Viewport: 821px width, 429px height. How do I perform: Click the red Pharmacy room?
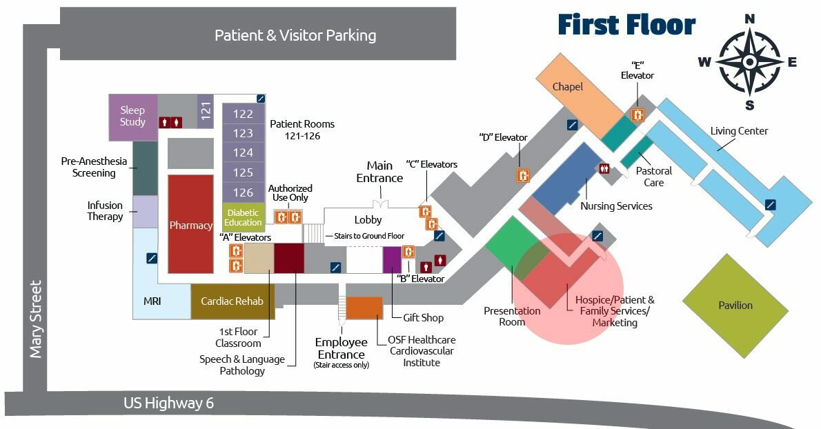click(x=190, y=224)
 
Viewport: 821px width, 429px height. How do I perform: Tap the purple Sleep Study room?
click(x=133, y=116)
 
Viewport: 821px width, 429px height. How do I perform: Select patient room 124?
click(x=243, y=152)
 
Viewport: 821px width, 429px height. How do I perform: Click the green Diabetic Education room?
click(x=243, y=217)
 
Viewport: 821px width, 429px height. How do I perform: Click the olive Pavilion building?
click(x=735, y=305)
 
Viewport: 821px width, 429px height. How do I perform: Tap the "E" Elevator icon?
click(x=638, y=115)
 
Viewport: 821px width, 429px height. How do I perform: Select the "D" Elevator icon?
click(x=524, y=175)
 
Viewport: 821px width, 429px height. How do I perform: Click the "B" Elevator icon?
click(x=408, y=252)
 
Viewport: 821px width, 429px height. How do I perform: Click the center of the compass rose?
click(x=749, y=61)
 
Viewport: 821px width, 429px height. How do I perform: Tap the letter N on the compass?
click(x=750, y=19)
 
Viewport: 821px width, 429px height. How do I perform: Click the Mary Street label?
click(x=36, y=319)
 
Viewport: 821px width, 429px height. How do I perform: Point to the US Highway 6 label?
click(x=168, y=403)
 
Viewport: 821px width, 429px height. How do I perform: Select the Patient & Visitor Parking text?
click(x=295, y=35)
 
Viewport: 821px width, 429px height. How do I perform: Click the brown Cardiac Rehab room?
click(x=232, y=301)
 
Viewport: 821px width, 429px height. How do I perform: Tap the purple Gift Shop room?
click(x=392, y=259)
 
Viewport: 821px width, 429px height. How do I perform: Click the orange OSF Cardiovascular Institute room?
click(x=364, y=308)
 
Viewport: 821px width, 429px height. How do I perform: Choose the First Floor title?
click(x=626, y=25)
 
